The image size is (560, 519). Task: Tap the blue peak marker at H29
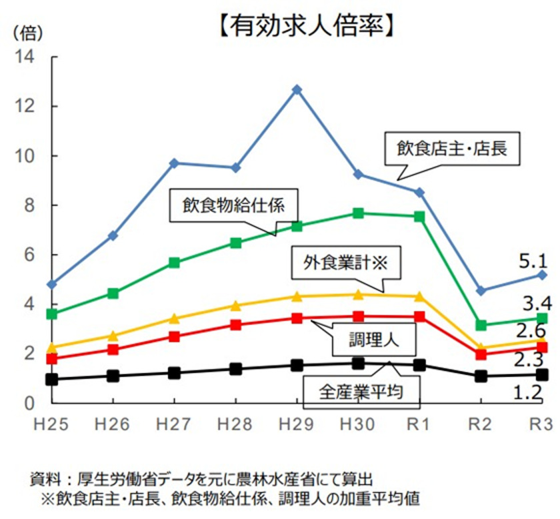click(297, 89)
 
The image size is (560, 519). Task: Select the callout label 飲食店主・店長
click(451, 149)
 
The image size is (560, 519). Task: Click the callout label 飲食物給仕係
click(234, 205)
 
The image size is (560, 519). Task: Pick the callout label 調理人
click(374, 342)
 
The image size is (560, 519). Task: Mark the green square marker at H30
click(359, 213)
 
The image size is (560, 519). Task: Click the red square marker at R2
click(481, 354)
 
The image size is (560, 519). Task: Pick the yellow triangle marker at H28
click(235, 306)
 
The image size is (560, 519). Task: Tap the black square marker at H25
click(52, 379)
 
